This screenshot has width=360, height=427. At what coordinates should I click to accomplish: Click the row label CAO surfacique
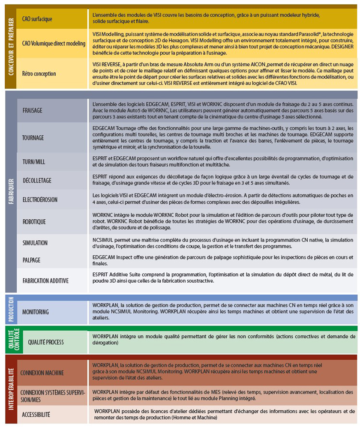[37, 19]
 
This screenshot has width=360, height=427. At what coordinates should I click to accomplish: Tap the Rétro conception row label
[39, 74]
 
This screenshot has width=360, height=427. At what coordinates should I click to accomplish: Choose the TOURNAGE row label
[33, 137]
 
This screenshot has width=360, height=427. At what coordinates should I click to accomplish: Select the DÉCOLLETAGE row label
[36, 179]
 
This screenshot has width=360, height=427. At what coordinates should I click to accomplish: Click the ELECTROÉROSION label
[40, 200]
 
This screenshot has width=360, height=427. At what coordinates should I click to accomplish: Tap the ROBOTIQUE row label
[34, 222]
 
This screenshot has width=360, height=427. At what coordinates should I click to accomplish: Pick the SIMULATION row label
[35, 243]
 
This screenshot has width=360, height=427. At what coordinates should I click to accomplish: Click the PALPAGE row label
[31, 260]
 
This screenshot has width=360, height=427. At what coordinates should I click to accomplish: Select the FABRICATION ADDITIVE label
[45, 281]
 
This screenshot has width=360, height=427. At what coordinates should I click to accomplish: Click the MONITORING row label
[35, 311]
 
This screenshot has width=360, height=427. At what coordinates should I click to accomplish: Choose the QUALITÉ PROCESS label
[46, 342]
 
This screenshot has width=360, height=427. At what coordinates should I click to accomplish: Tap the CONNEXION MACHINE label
[42, 373]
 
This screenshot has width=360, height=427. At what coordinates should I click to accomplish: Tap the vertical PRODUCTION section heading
[11, 308]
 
